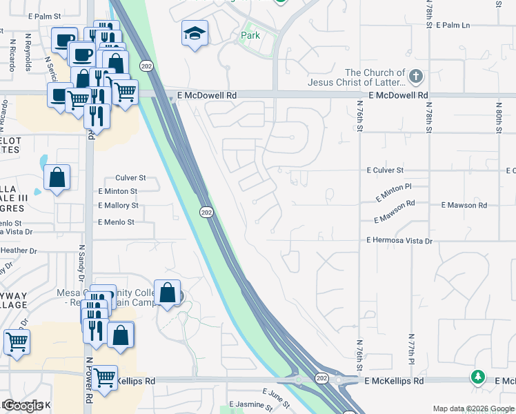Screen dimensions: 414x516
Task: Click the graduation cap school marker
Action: [x=195, y=32]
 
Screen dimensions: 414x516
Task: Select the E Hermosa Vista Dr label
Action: [x=399, y=241]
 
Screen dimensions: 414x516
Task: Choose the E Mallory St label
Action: [x=118, y=206]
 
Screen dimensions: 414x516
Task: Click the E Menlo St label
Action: [x=116, y=222]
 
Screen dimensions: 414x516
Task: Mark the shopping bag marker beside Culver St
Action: [x=57, y=177]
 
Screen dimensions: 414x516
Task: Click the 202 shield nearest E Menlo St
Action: [x=206, y=213]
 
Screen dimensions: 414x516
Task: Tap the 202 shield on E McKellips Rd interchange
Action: [x=321, y=378]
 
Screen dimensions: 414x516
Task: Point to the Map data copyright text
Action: [x=473, y=408]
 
